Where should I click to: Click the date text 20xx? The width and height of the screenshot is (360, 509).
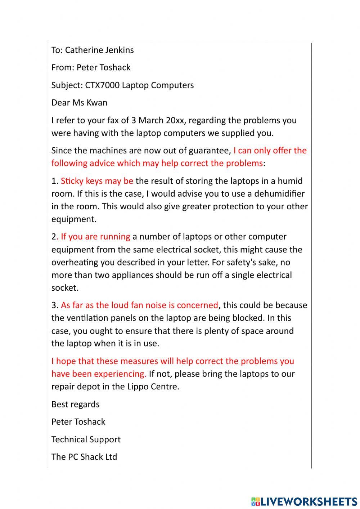point(175,120)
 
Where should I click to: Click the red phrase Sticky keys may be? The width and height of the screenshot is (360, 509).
point(97,181)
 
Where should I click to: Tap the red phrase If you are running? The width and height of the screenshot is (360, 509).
point(95,237)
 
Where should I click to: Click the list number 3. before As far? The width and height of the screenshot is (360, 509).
point(55,305)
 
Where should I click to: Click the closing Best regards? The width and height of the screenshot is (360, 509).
point(75,404)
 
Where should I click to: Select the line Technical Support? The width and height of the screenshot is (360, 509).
point(86,439)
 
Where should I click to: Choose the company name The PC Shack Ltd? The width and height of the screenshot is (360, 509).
point(84,457)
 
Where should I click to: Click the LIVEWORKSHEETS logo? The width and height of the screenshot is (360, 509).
point(304,501)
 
